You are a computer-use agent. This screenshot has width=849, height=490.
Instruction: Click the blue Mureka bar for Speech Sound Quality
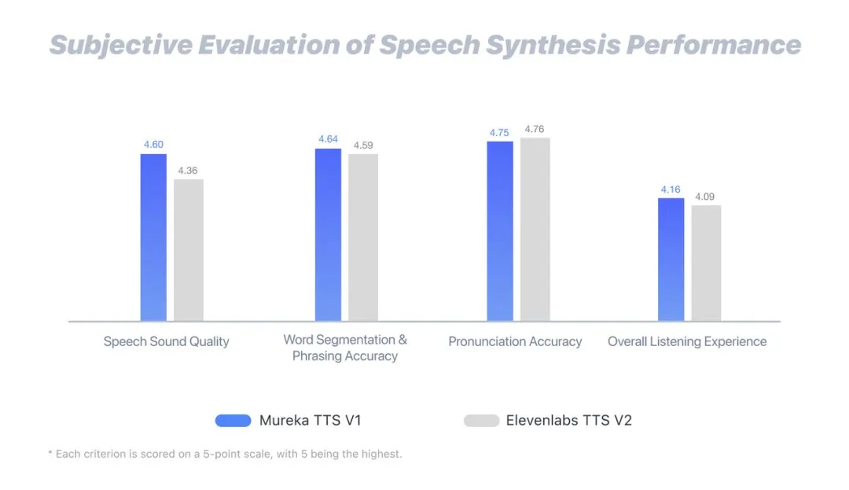[x=153, y=237]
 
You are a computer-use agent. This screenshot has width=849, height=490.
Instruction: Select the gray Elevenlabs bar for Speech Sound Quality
[x=189, y=249]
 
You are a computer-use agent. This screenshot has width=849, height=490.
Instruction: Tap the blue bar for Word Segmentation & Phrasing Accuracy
[x=328, y=234]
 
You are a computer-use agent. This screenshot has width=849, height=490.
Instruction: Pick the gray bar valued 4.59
[x=363, y=237]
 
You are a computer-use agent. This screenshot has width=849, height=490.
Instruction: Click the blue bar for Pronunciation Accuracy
[x=500, y=230]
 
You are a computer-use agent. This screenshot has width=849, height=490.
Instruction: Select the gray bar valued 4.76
[x=535, y=229]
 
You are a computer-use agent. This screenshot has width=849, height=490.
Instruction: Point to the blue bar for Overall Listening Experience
[x=671, y=259]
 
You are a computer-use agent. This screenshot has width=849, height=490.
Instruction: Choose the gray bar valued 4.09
[x=706, y=263]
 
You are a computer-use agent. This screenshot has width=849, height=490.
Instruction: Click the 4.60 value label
[x=153, y=145]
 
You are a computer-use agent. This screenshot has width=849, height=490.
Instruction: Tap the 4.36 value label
[x=188, y=171]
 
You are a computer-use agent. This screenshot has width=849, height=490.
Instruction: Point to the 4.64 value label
[x=328, y=139]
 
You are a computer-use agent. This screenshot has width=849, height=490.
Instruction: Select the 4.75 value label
[x=499, y=133]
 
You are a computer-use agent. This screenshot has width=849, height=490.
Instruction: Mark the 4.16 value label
[x=671, y=190]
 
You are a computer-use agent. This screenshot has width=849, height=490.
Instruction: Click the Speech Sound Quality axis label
[x=167, y=341]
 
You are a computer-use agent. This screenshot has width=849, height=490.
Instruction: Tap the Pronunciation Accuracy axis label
[x=515, y=341]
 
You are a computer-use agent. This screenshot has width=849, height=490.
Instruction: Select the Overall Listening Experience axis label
[x=687, y=341]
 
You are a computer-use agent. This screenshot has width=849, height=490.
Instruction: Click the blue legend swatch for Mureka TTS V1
[x=233, y=420]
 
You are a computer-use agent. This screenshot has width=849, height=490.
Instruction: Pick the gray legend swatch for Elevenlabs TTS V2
[x=481, y=420]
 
